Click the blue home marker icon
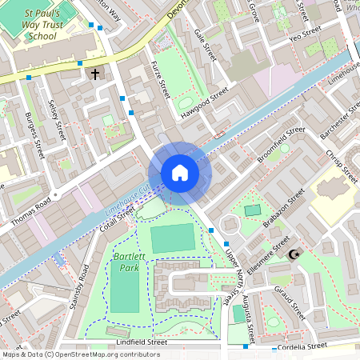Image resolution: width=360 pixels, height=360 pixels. point(180,173)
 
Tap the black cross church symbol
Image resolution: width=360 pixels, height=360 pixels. point(95,74)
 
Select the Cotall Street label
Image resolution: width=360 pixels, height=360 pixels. point(118,214)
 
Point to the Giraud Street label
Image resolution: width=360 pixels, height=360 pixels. point(290,302)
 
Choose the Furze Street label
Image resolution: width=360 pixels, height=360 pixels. point(160,78)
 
